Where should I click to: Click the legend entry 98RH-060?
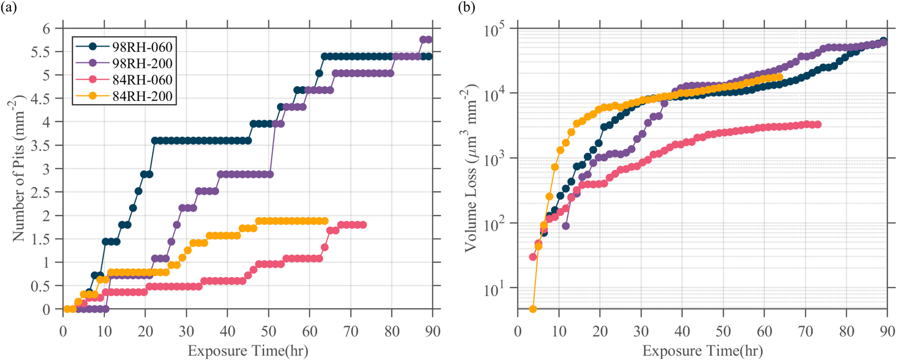coord(142,47)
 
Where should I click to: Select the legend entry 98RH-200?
coord(142,64)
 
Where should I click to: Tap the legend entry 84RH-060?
coord(142,80)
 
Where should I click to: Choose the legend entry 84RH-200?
coord(142,96)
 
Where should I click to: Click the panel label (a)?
coord(8,8)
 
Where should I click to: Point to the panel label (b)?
coord(466,8)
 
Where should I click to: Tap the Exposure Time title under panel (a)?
coord(248,351)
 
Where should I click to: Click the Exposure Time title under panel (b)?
coord(702,351)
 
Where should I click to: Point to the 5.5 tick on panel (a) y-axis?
coord(41,52)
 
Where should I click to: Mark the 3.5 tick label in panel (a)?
coord(41,146)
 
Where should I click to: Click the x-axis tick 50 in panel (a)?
coord(269,331)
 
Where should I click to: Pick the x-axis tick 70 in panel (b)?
coord(805,331)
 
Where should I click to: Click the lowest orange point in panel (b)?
coord(533,309)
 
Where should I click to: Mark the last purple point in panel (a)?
coord(429,39)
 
